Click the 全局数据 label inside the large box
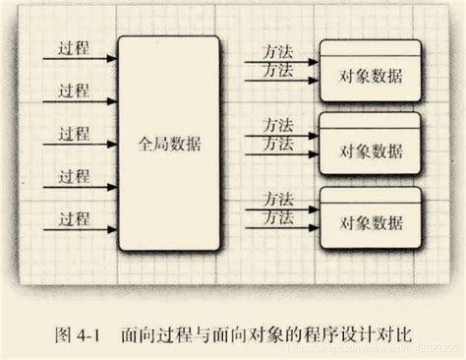[x=169, y=144]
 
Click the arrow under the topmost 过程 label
[x=79, y=59]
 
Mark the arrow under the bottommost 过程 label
[x=79, y=232]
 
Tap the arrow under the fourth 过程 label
[x=79, y=189]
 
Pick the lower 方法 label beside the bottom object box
[x=278, y=216]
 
